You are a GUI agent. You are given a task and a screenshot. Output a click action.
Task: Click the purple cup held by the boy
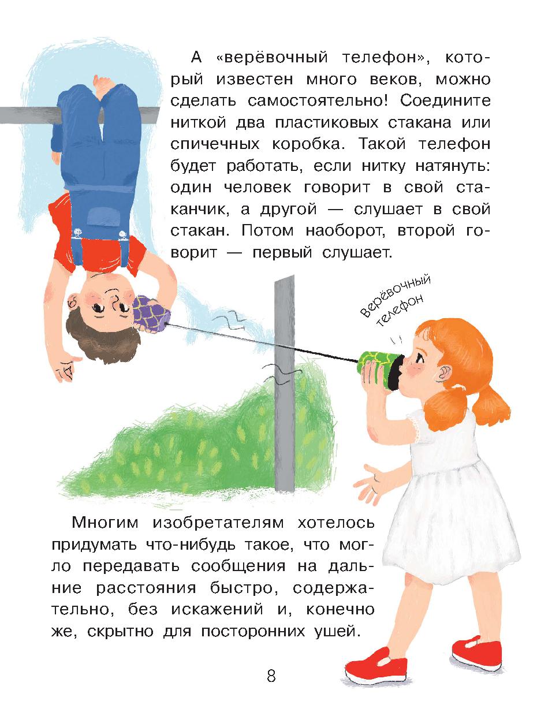(x=150, y=314)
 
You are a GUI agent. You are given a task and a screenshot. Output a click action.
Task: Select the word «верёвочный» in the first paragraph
(x=272, y=57)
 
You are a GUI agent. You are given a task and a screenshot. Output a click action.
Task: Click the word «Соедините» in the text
(x=445, y=101)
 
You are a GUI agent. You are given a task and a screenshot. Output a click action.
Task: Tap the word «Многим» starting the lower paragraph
(x=105, y=523)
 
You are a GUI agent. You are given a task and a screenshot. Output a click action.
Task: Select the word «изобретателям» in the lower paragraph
(x=218, y=523)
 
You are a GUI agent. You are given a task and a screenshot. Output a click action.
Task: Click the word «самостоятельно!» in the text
(x=318, y=101)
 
